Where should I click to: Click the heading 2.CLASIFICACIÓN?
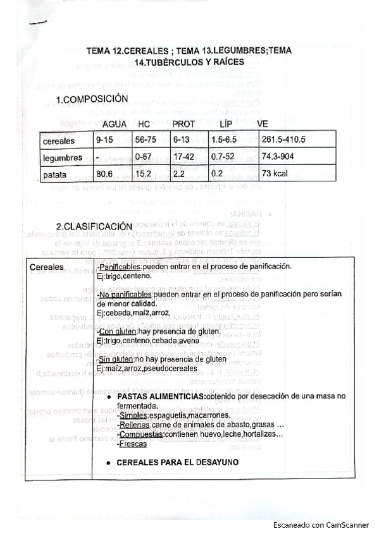(x=94, y=226)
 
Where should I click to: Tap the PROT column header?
(x=183, y=124)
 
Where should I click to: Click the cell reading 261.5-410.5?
(x=283, y=140)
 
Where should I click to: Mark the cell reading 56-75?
(x=147, y=140)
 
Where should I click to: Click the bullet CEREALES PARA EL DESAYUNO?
(x=178, y=463)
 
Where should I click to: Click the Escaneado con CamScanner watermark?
(x=321, y=525)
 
